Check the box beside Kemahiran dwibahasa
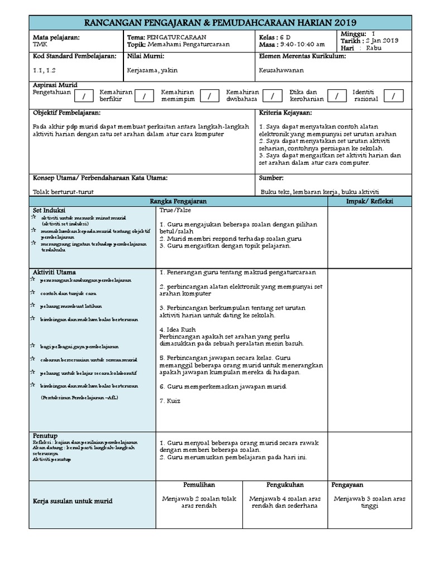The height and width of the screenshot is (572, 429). click(273, 97)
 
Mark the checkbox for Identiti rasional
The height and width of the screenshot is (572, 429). click(393, 97)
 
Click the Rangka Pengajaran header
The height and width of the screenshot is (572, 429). click(179, 201)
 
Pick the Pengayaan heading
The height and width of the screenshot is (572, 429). click(347, 484)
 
